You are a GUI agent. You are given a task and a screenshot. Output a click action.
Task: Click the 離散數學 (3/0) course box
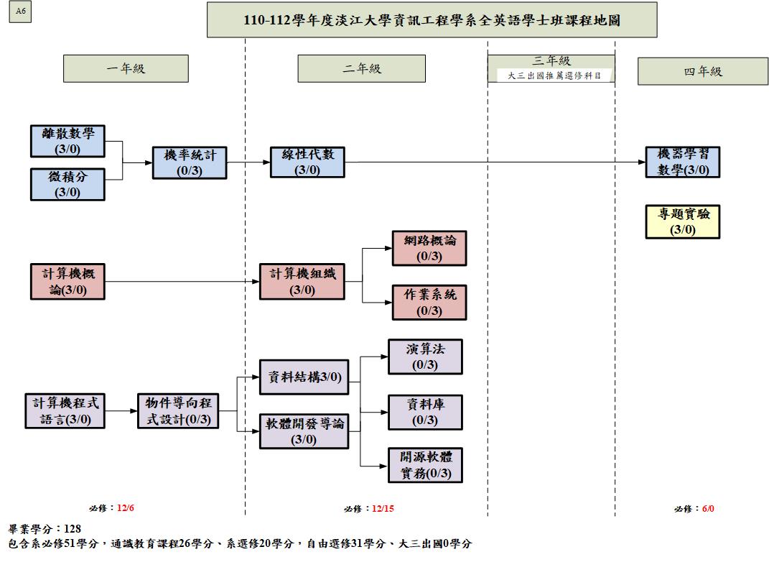[x=67, y=141]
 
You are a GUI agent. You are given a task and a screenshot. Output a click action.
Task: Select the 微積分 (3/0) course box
[x=67, y=184]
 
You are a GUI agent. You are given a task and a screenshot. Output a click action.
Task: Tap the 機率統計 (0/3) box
[x=190, y=162]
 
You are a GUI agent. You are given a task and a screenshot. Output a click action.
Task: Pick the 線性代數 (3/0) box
[x=307, y=162]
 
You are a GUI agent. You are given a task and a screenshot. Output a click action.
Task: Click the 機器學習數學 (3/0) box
[x=683, y=162]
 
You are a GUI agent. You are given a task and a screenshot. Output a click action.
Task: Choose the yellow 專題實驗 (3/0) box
[x=683, y=221]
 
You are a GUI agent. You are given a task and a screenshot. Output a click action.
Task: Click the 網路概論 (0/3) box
[x=429, y=248]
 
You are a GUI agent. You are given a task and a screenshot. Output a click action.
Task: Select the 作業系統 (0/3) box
[x=429, y=303]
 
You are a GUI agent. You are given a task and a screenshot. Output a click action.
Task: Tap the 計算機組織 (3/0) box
[x=302, y=281]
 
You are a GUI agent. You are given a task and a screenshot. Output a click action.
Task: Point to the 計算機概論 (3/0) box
[x=67, y=281]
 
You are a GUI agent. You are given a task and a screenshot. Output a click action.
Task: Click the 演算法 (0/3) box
[x=425, y=357]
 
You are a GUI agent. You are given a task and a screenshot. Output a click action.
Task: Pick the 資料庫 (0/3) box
[x=425, y=413]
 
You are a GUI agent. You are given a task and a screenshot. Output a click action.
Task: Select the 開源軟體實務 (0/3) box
[x=425, y=465]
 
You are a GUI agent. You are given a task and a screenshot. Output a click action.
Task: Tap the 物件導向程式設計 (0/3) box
[x=178, y=411]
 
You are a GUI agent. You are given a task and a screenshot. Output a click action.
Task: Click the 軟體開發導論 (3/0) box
[x=304, y=431]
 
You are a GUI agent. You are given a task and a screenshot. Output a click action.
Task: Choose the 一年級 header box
[x=126, y=69]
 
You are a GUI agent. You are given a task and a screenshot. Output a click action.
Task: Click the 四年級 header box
[x=703, y=71]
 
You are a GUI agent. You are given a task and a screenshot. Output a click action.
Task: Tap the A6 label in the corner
[x=20, y=11]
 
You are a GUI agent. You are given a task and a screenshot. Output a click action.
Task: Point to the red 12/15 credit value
[x=383, y=509]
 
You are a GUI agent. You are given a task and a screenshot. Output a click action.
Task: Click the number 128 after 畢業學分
[x=73, y=529]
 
